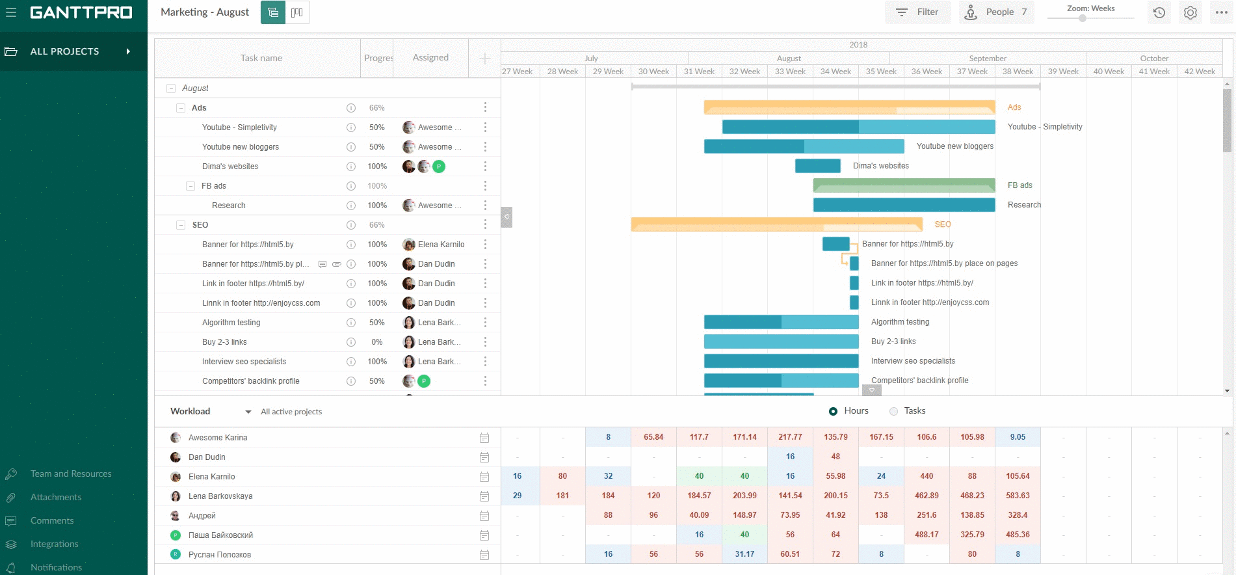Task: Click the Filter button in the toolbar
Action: pos(917,12)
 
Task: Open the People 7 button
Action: pos(996,12)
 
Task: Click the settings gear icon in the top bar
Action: pos(1190,12)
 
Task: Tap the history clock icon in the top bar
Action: pos(1159,12)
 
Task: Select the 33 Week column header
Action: pos(790,72)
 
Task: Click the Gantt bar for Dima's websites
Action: pos(817,166)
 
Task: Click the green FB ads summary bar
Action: pos(904,185)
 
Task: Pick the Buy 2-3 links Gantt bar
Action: pos(781,341)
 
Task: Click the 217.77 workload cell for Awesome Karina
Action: pos(790,437)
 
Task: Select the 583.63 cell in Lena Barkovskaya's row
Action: pos(1018,496)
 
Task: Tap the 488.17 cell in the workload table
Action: pos(927,535)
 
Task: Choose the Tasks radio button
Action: pos(893,411)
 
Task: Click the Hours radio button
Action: pos(833,411)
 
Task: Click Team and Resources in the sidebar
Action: pos(70,474)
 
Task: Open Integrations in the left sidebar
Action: pos(54,544)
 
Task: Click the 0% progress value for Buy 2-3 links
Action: pos(377,342)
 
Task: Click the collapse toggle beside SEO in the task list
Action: pos(181,225)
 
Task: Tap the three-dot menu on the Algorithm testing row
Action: pos(485,323)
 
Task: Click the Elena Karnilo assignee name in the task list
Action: pos(441,245)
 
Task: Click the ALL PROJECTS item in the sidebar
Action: pos(64,51)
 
